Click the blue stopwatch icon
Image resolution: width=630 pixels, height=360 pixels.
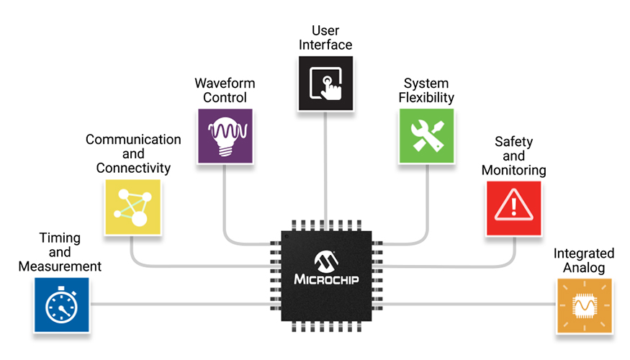61,305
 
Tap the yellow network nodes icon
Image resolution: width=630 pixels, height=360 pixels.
132,207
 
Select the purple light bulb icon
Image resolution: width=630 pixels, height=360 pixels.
225,136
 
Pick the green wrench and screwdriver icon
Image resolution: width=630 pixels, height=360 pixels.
426,136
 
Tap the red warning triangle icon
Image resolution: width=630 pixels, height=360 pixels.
513,207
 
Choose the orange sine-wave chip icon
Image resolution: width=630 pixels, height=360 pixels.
583,306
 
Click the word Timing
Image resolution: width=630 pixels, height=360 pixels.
60,238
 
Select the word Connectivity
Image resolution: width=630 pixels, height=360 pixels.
133,168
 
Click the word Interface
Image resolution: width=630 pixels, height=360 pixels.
326,45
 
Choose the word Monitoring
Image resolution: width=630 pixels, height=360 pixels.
513,171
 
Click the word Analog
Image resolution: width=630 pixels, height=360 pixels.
584,267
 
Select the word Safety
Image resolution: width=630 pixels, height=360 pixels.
513,142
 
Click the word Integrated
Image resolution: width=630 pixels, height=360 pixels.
584,253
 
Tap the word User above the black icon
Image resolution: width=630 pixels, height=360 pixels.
326,31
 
